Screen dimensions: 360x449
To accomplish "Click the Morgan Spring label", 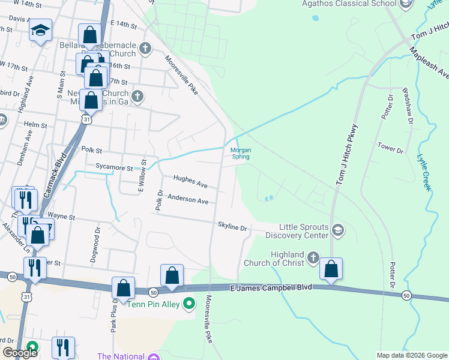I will (241, 154).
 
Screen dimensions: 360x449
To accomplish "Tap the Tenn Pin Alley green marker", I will (189, 303).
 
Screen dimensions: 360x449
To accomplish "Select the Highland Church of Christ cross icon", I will (313, 258).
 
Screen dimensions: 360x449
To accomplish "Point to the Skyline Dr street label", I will (232, 227).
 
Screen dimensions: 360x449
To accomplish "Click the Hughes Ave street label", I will (190, 181).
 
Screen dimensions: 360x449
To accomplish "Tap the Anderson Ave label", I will (188, 199).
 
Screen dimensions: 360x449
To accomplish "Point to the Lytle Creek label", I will (424, 173).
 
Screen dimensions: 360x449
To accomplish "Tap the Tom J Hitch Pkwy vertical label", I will (346, 154).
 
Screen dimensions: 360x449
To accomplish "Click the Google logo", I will (20, 353).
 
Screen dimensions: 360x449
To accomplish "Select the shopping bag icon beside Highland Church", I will (331, 270).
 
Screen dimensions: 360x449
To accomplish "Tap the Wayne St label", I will (61, 216).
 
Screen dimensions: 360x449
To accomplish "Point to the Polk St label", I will (92, 151).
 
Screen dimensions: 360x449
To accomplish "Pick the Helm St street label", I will (35, 125).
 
